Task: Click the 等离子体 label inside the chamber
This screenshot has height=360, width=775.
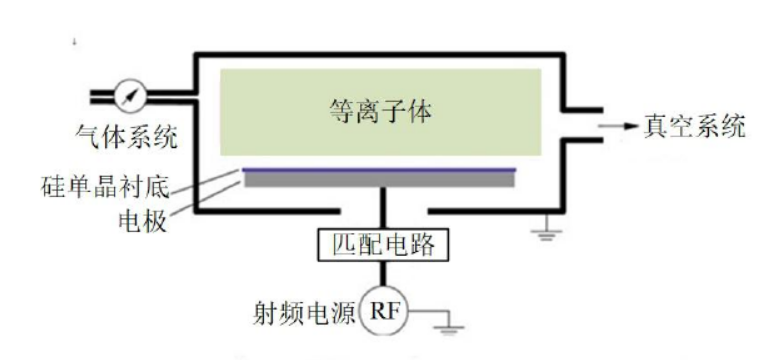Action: pos(379,106)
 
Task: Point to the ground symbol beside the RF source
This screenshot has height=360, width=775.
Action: pos(452,325)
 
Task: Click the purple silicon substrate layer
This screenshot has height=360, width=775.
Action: pos(380,169)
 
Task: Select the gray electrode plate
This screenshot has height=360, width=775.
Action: pos(380,180)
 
